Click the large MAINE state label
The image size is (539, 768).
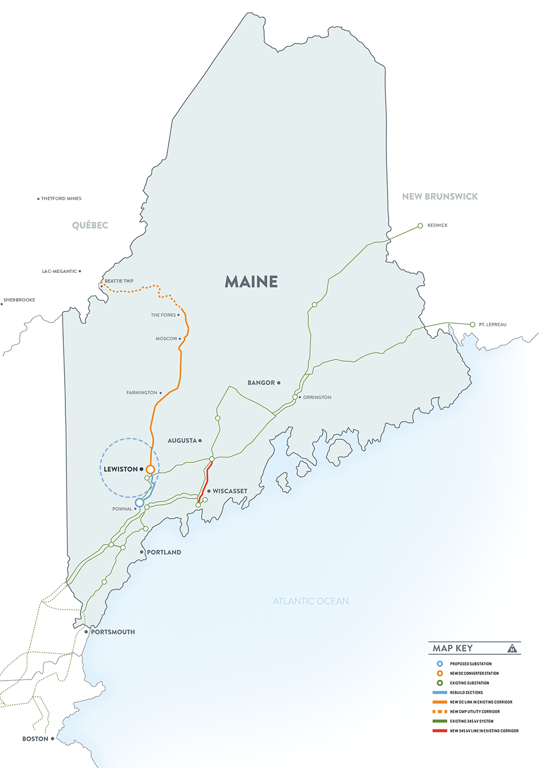pyautogui.click(x=251, y=282)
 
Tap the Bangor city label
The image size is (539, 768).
pyautogui.click(x=261, y=383)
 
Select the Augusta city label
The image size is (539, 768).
pyautogui.click(x=182, y=441)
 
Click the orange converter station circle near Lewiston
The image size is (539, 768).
pyautogui.click(x=150, y=469)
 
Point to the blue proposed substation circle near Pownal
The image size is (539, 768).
pyautogui.click(x=139, y=503)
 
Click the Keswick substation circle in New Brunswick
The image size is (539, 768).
pyautogui.click(x=420, y=225)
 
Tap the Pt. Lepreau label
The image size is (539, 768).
pyautogui.click(x=492, y=325)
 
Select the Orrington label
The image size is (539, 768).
pyautogui.click(x=317, y=397)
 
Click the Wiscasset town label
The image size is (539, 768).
pyautogui.click(x=230, y=491)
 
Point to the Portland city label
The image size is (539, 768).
pyautogui.click(x=164, y=552)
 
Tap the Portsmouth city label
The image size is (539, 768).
pyautogui.click(x=113, y=632)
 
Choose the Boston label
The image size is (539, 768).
pyautogui.click(x=36, y=739)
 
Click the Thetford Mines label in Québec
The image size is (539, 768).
pyautogui.click(x=61, y=198)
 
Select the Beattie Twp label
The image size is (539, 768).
pyautogui.click(x=119, y=281)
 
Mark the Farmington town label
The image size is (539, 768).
pyautogui.click(x=142, y=393)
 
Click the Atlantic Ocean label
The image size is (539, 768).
pyautogui.click(x=310, y=601)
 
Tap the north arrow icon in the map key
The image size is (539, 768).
pyautogui.click(x=512, y=648)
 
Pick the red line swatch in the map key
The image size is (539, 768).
pyautogui.click(x=440, y=731)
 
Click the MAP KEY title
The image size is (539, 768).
pyautogui.click(x=453, y=648)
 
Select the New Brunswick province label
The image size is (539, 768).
pyautogui.click(x=440, y=197)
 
